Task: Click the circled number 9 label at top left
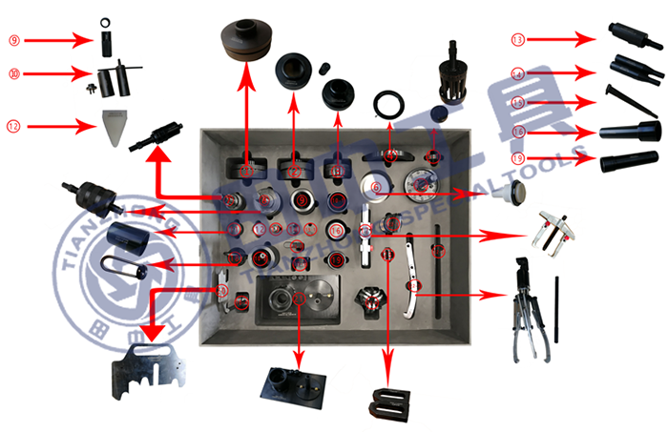point(14,40)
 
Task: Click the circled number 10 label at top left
point(14,72)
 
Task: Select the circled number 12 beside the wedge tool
point(14,125)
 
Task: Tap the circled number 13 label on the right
point(518,40)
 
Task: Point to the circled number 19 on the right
point(518,157)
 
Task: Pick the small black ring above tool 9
point(103,21)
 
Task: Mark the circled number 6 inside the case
point(377,187)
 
